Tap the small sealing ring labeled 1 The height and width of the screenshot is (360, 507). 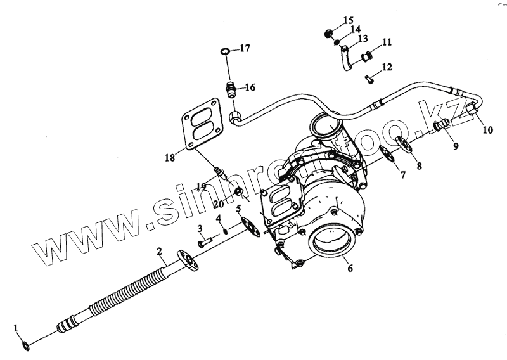click(25, 346)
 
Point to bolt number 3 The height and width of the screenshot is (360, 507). click(203, 241)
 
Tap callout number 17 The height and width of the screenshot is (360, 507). click(244, 48)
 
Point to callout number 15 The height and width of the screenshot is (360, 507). click(349, 21)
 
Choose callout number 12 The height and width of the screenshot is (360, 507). click(387, 67)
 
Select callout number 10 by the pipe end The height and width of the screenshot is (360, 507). click(487, 131)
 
